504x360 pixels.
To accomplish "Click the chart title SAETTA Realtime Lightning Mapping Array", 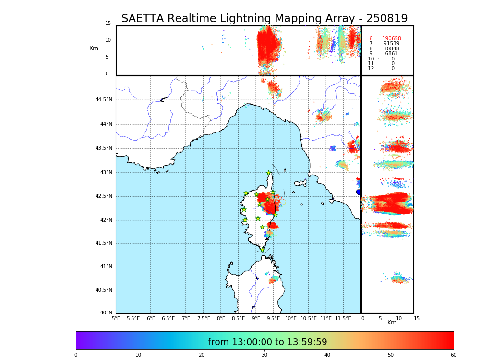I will click(264, 19).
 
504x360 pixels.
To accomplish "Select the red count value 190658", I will click(391, 39).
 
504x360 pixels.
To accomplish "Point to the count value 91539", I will click(391, 44).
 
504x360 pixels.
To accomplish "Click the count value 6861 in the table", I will click(391, 54).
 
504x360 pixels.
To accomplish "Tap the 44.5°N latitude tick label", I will click(104, 100).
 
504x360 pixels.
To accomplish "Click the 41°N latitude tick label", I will click(106, 267).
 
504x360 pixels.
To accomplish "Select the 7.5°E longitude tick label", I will click(204, 318).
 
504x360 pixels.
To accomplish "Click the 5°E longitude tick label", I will click(116, 318).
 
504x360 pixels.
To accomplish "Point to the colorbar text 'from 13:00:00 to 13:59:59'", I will click(267, 342).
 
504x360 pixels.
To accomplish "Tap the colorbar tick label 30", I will click(264, 355).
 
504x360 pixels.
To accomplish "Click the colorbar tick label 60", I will click(453, 355).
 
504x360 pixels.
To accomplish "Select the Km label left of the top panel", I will click(94, 48).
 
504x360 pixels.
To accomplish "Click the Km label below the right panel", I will click(392, 323).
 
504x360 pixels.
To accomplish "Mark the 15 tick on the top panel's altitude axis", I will click(108, 24).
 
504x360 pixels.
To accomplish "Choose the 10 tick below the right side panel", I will click(398, 318).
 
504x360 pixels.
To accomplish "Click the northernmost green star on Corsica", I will click(269, 173).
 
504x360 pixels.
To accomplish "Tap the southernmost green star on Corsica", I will click(262, 250).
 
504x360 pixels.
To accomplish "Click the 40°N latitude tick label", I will click(106, 313).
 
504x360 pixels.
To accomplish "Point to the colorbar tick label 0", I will click(76, 355).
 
